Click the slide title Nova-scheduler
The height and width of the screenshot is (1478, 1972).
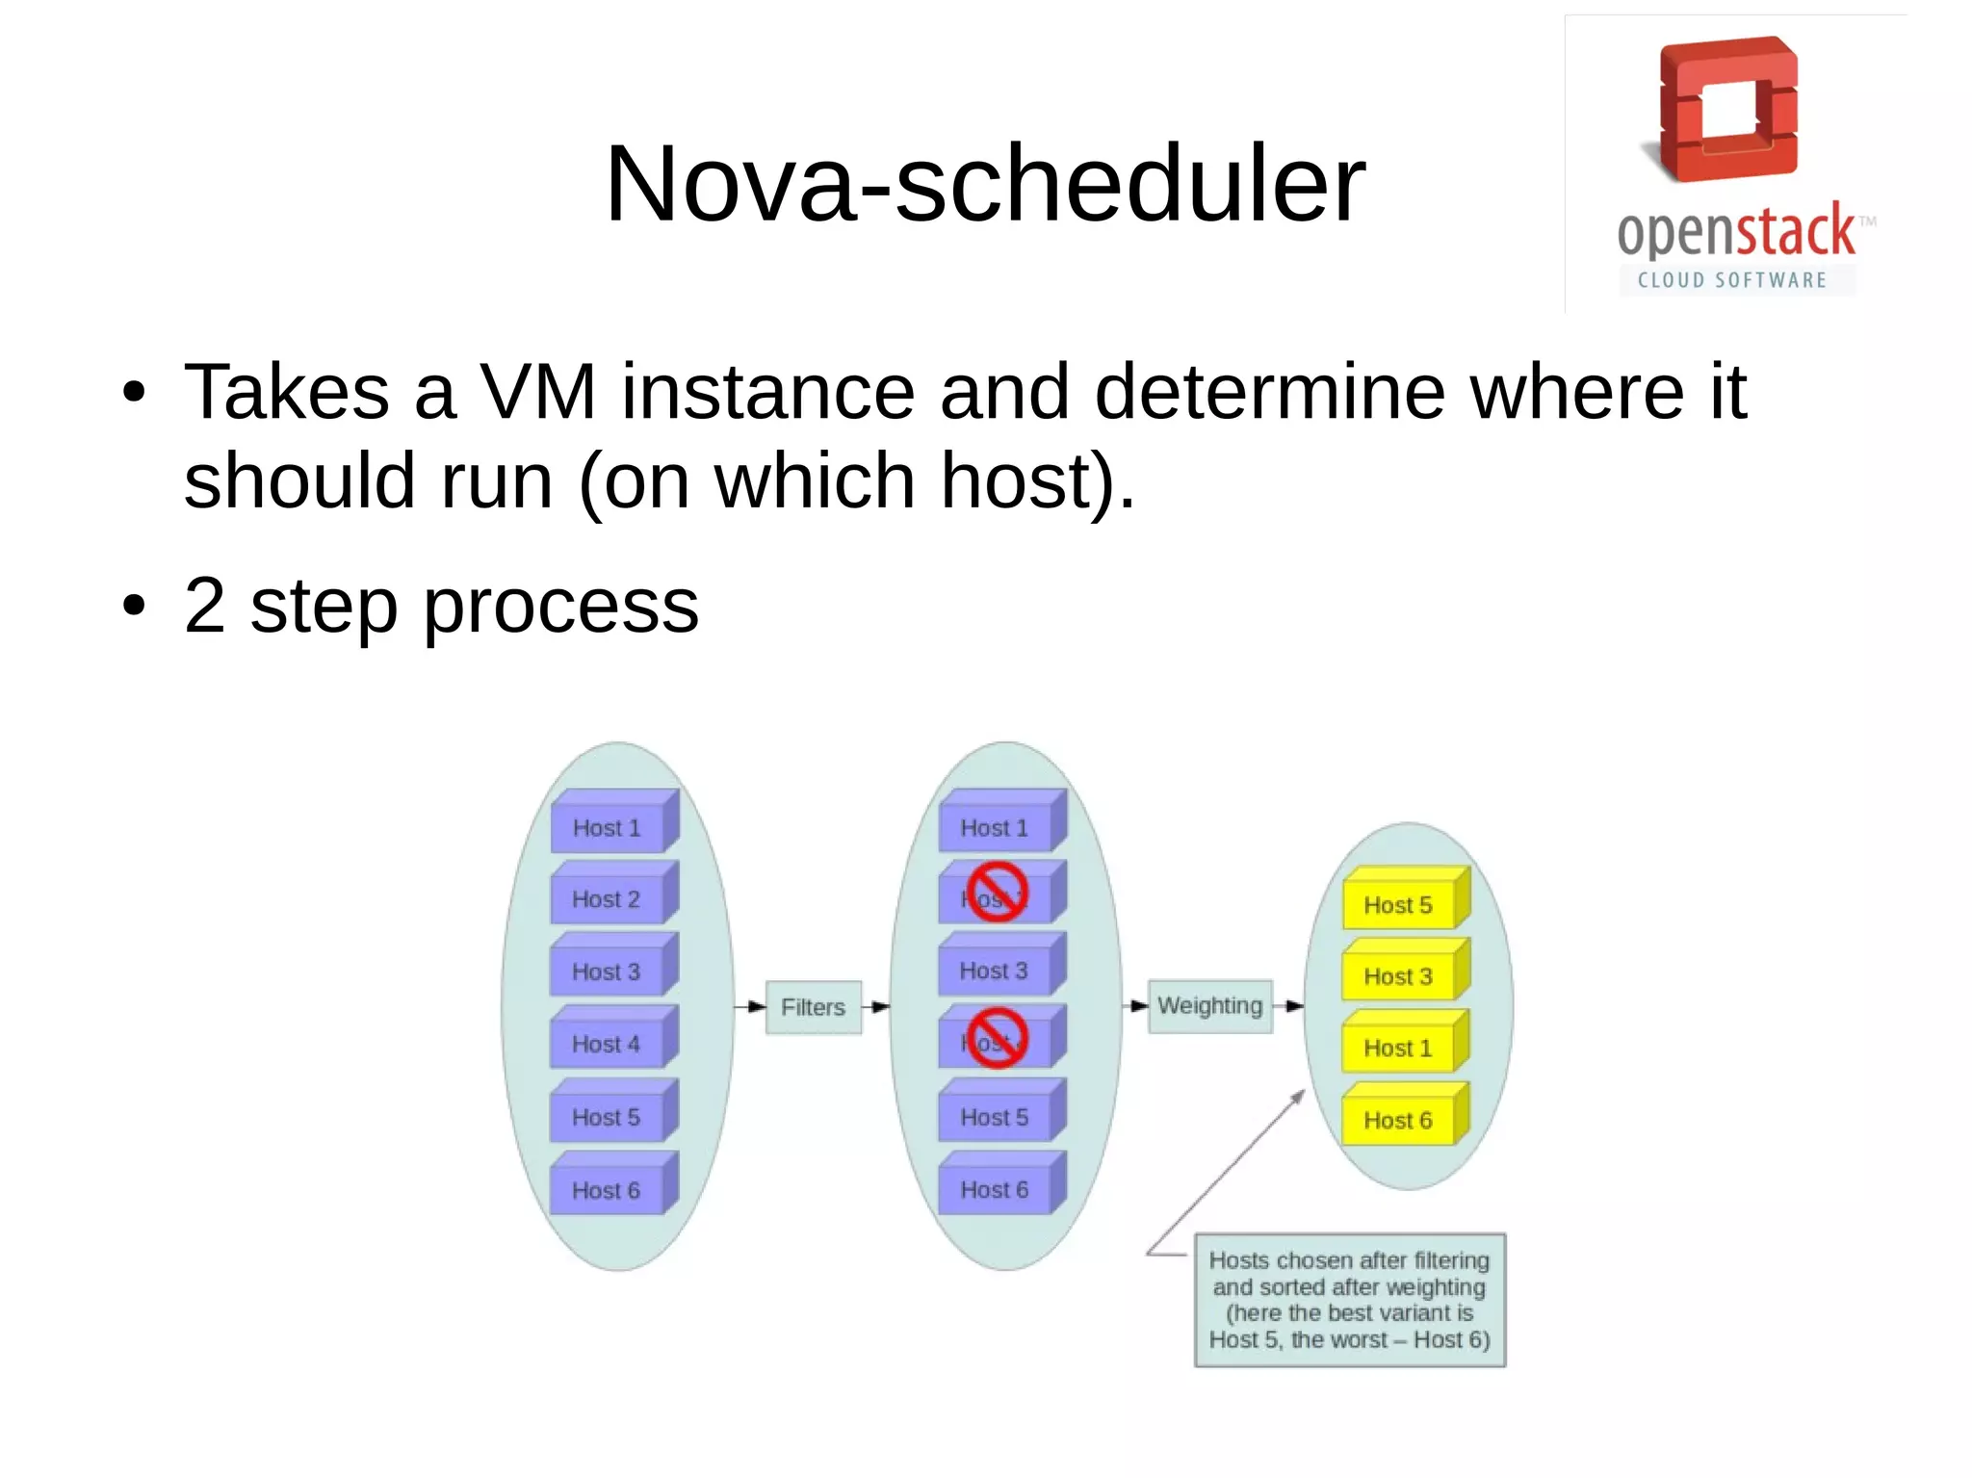tap(984, 183)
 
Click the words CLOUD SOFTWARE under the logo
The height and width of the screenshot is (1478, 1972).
tap(1731, 280)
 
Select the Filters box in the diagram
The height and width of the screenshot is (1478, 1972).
tap(813, 1007)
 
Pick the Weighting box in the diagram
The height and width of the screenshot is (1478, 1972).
tap(1209, 1006)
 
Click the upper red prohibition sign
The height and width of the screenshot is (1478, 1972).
tap(998, 892)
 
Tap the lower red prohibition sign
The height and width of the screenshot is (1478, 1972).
tap(998, 1038)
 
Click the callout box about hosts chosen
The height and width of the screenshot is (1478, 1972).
tap(1349, 1300)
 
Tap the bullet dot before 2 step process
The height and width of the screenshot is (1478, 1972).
tap(134, 607)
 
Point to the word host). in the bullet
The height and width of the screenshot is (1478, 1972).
tap(1038, 480)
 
